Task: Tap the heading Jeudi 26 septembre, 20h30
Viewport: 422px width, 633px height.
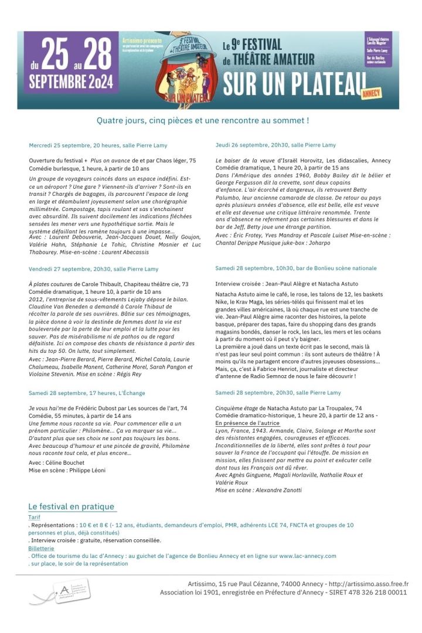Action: (x=275, y=145)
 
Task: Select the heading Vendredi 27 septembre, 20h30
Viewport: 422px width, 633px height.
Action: (x=93, y=269)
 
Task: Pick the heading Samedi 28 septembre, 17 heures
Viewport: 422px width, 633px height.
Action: (x=86, y=393)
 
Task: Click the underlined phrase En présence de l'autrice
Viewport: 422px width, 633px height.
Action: (x=247, y=423)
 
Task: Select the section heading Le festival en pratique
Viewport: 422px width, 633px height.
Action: (x=72, y=506)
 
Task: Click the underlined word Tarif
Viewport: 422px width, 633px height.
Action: (x=34, y=518)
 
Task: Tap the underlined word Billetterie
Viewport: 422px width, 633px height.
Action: (x=41, y=548)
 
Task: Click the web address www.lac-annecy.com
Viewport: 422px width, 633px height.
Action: (x=308, y=556)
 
